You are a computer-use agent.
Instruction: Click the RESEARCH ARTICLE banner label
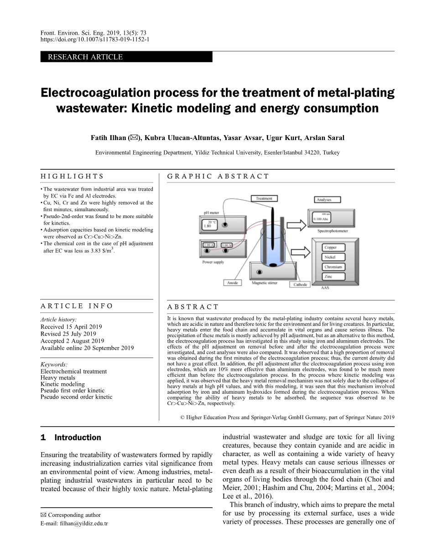click(83, 57)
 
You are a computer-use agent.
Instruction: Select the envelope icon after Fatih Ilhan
click(134, 138)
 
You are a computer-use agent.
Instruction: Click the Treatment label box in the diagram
click(264, 198)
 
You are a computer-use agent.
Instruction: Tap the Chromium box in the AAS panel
click(333, 267)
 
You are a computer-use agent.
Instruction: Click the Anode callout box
click(233, 283)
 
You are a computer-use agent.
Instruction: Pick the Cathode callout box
click(300, 285)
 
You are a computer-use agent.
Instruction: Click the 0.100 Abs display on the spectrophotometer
click(321, 219)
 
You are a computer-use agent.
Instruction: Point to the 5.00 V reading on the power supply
click(227, 245)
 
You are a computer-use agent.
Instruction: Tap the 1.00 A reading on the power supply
click(208, 245)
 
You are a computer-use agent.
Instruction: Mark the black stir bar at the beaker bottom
click(272, 265)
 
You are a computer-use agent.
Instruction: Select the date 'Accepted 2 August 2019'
click(72, 341)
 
